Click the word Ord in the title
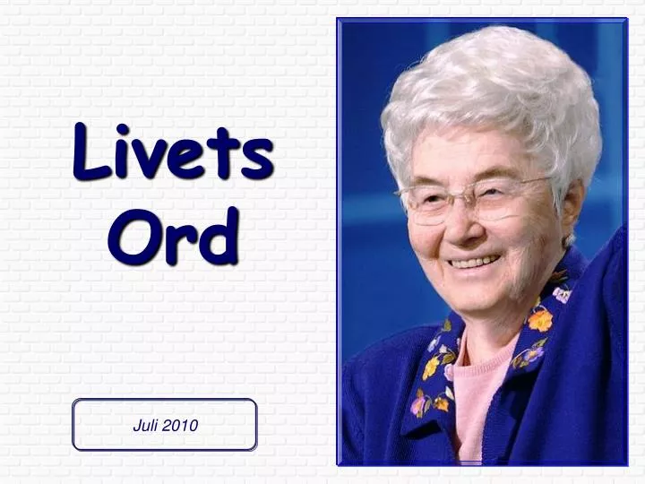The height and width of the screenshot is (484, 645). tap(173, 235)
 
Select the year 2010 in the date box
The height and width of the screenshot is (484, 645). tap(180, 426)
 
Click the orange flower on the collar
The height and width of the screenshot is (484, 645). tap(540, 320)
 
